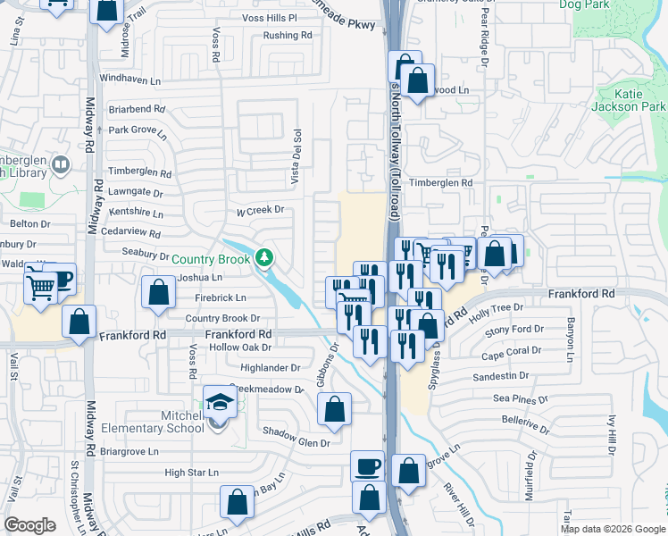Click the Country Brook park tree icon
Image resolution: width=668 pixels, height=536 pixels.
[263, 259]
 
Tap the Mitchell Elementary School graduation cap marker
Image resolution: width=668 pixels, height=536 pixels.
[219, 402]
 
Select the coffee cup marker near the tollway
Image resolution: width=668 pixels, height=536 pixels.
[366, 466]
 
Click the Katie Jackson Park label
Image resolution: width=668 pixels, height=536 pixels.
[628, 99]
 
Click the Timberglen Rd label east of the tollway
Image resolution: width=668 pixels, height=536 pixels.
[440, 182]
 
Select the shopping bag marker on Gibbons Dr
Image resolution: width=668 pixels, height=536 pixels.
[334, 410]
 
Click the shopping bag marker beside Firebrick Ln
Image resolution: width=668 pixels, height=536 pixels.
[158, 293]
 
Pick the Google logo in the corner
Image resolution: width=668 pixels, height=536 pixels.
[29, 525]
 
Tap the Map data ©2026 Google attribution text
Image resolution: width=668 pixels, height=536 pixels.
[612, 529]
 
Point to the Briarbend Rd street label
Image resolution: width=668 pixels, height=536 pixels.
[137, 108]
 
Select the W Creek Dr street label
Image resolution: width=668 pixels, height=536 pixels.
[259, 211]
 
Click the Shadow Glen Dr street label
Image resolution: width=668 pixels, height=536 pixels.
[296, 442]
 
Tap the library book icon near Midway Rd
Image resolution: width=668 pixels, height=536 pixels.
[61, 164]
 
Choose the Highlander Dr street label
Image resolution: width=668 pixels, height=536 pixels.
[271, 367]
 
